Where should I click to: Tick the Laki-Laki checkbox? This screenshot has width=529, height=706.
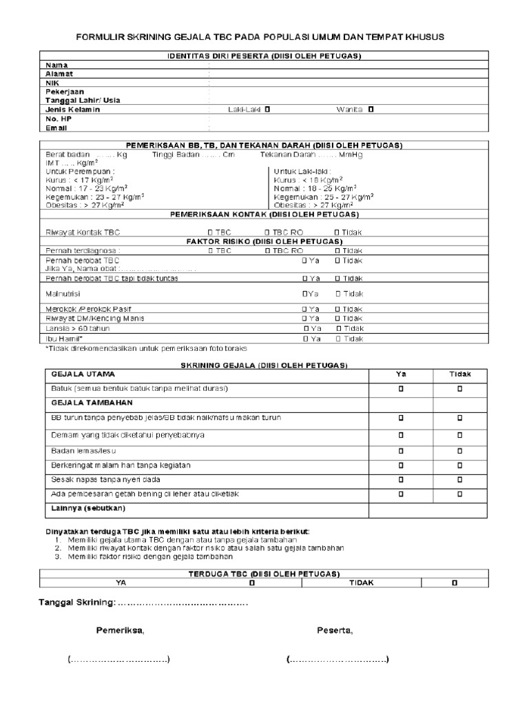267,109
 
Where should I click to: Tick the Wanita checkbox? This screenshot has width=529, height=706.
371,109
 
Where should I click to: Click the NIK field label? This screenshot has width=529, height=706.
53,82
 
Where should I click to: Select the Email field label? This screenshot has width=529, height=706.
56,128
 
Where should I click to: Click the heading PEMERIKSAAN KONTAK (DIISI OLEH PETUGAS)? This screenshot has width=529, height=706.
264,214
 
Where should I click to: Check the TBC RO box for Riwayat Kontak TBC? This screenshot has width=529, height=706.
268,233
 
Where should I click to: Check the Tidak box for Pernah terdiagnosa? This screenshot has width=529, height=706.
338,251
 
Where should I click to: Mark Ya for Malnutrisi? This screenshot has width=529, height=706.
304,294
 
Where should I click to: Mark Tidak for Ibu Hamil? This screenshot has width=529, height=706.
339,339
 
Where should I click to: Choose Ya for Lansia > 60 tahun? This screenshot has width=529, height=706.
306,329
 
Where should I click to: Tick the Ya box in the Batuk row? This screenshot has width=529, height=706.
400,389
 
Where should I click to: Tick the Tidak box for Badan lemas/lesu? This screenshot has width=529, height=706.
460,451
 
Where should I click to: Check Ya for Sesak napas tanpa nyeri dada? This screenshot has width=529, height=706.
400,479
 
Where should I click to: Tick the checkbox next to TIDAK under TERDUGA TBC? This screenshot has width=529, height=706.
454,583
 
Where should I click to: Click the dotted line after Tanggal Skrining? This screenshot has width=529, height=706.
183,604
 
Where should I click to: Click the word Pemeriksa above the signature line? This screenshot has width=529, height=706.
120,630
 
